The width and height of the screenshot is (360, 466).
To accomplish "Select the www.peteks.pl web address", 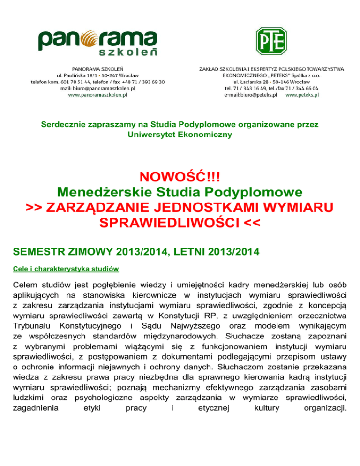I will pyautogui.click(x=302, y=94).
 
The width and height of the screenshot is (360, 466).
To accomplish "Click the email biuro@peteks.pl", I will pyautogui.click(x=251, y=94).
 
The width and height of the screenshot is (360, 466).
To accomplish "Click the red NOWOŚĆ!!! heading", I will pyautogui.click(x=180, y=178).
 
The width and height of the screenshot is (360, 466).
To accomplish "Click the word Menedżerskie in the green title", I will pyautogui.click(x=107, y=193).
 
